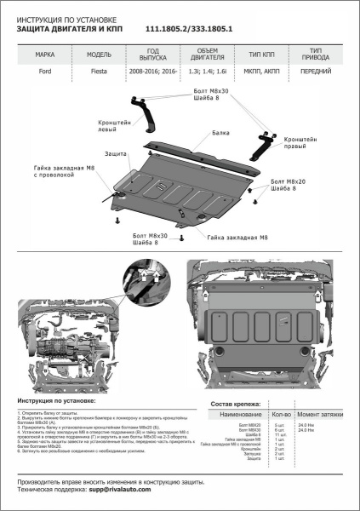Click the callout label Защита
[116, 153]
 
